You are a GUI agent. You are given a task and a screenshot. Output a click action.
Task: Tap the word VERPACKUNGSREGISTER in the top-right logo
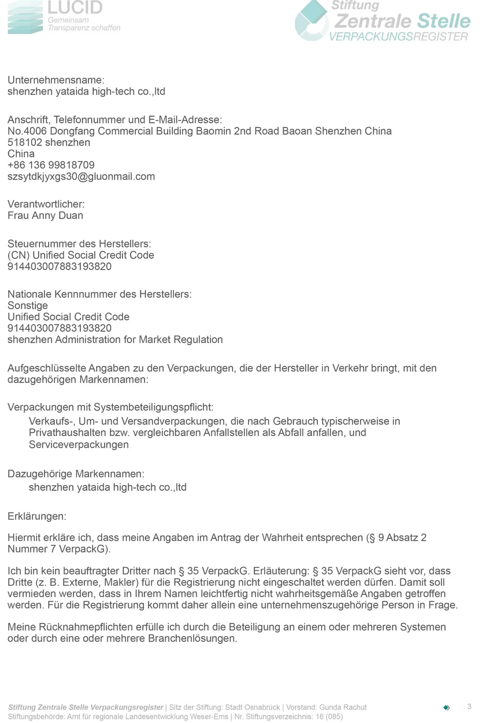point(399,37)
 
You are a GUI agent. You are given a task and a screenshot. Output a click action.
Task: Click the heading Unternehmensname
point(56,80)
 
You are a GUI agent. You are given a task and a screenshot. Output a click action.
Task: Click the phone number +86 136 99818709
point(51,165)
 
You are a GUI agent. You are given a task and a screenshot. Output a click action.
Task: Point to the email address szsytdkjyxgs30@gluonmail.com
point(81,177)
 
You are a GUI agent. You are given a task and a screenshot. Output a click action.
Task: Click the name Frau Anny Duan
point(45,216)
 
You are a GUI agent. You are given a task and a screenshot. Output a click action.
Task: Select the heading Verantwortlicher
point(46,204)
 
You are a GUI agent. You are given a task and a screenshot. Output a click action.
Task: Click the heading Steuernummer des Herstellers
point(79,244)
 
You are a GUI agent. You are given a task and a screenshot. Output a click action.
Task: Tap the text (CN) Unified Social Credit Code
point(81,255)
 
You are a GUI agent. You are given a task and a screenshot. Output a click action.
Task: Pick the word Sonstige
point(27,306)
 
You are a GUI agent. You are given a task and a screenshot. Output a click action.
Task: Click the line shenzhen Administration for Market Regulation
point(115,340)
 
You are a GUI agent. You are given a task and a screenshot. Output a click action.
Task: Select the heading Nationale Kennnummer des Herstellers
point(99,294)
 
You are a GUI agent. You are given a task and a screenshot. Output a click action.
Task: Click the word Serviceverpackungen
point(79,445)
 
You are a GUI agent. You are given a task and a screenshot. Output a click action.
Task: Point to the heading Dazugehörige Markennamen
point(75,474)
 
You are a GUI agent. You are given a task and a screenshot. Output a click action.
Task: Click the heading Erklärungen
point(37,517)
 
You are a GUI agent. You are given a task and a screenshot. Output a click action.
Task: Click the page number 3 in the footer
point(469,707)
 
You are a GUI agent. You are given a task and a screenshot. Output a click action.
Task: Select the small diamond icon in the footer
point(447,707)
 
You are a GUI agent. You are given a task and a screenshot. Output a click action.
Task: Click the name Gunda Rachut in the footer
point(343,707)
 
